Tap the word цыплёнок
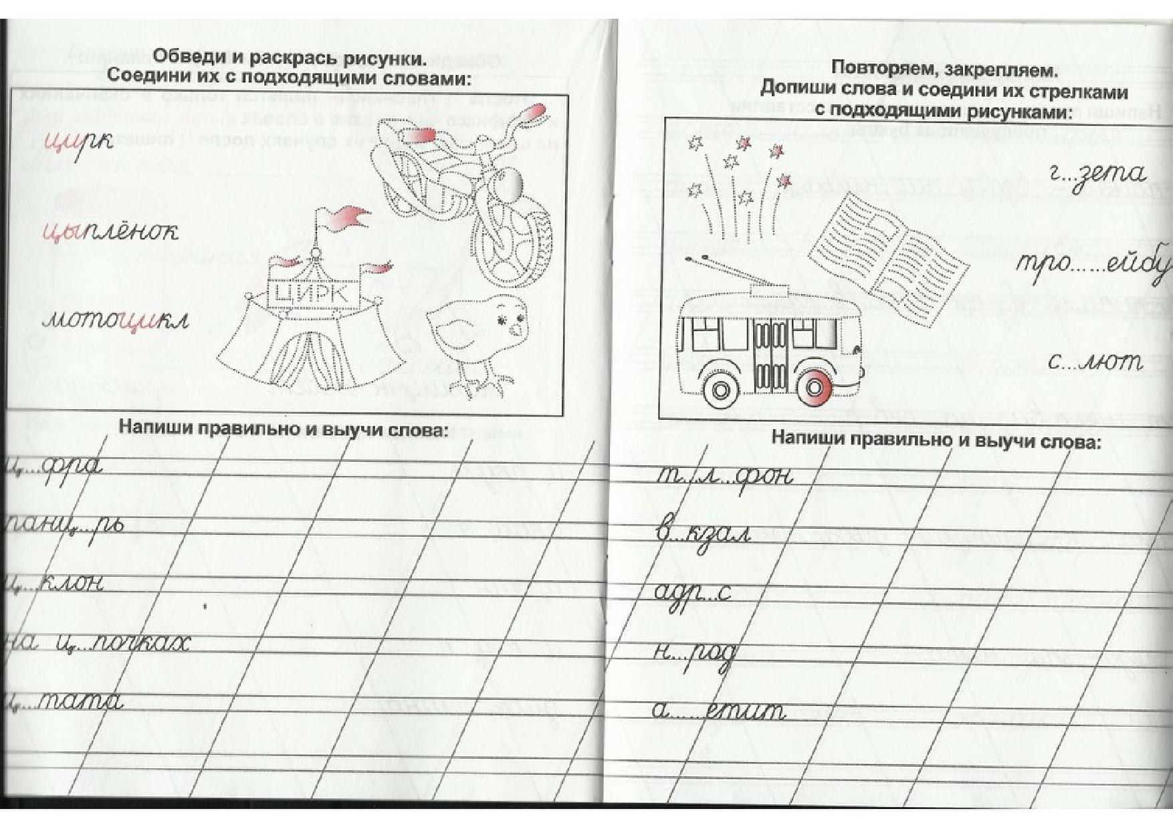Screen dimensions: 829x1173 click(110, 231)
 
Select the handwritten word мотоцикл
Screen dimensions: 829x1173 click(115, 320)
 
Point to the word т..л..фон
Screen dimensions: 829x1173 click(724, 475)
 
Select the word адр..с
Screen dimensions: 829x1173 click(692, 592)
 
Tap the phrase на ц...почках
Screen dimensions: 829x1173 click(97, 644)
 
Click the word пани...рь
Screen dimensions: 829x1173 click(64, 525)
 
